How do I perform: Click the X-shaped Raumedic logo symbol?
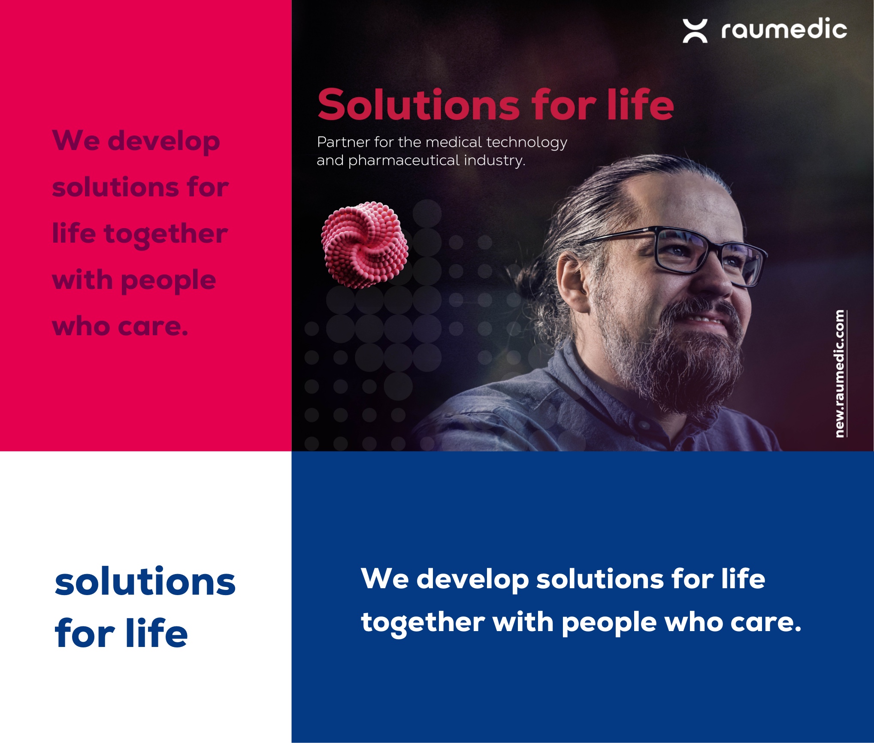point(695,31)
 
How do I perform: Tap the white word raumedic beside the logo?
point(784,29)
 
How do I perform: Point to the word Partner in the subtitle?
point(343,142)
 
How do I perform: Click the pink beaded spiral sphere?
point(365,245)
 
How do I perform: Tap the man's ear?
point(574,281)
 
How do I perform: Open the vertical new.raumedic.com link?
point(840,373)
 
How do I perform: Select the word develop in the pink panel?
point(163,141)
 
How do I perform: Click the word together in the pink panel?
point(166,235)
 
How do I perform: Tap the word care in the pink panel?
point(153,327)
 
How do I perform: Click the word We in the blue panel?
point(385,579)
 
